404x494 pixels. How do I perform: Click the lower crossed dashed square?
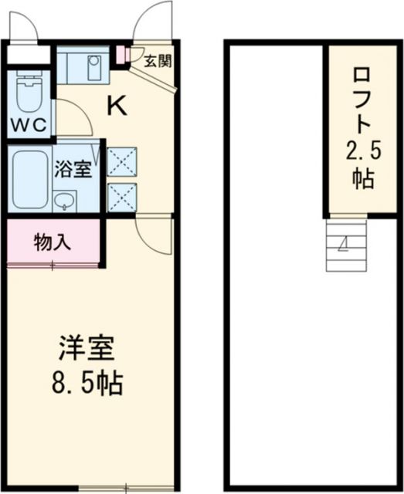[x=121, y=196]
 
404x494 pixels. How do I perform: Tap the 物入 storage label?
[x=53, y=242]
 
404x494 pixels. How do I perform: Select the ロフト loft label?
[x=362, y=100]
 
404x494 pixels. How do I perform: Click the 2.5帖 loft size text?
[x=362, y=164]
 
